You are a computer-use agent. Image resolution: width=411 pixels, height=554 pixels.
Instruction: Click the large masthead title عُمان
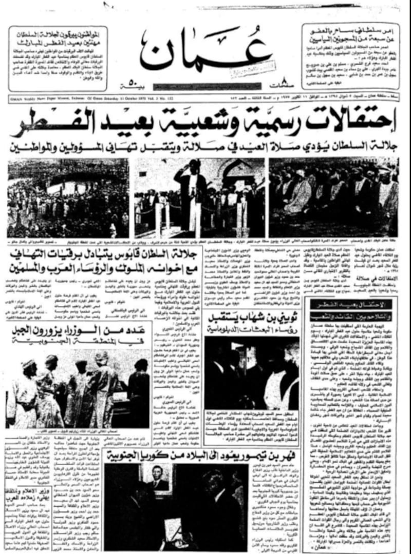206,51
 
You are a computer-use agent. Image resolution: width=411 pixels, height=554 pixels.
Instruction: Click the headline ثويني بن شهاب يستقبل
252,316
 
